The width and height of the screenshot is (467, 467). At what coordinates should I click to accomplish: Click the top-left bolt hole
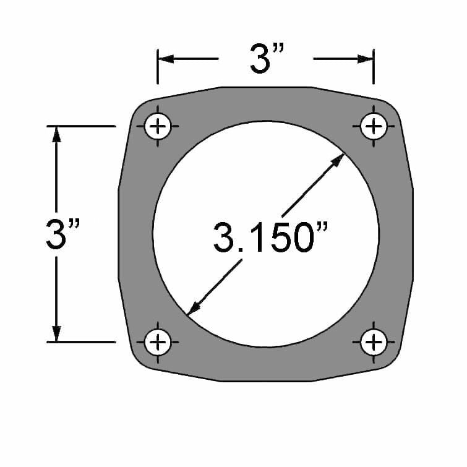[x=158, y=127]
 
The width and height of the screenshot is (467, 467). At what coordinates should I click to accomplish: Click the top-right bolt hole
[x=373, y=127]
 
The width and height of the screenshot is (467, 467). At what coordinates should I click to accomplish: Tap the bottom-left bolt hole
[x=158, y=341]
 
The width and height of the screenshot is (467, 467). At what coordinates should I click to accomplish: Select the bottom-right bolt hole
[x=373, y=341]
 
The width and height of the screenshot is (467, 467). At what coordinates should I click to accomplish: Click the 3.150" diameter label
[x=270, y=238]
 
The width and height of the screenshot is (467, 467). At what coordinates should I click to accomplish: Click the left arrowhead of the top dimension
[x=165, y=59]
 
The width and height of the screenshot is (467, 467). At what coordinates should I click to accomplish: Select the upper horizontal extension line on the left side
[x=80, y=126]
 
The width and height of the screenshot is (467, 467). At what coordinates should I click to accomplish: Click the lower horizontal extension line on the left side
[x=80, y=341]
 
